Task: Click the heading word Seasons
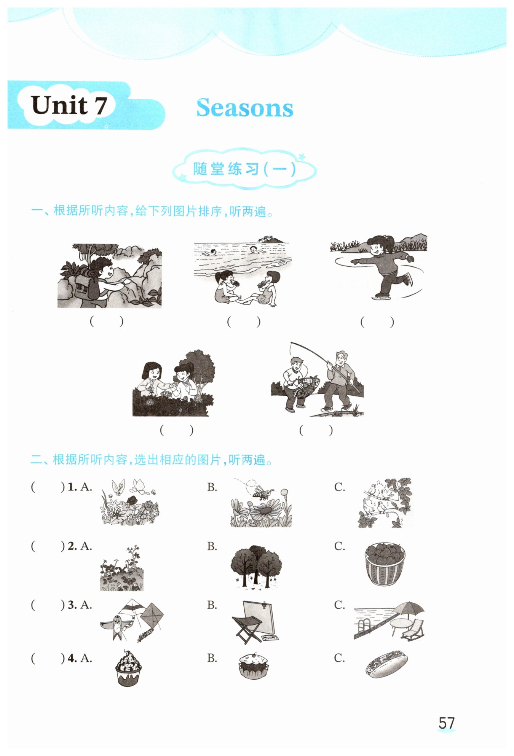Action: pyautogui.click(x=244, y=108)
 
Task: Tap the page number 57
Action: pyautogui.click(x=447, y=723)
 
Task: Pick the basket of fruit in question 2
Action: pyautogui.click(x=385, y=564)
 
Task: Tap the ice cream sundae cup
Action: pyautogui.click(x=128, y=668)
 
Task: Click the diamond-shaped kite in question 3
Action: pyautogui.click(x=152, y=616)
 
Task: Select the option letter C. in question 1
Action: pyautogui.click(x=340, y=487)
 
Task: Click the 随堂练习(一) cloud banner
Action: pyautogui.click(x=244, y=169)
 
